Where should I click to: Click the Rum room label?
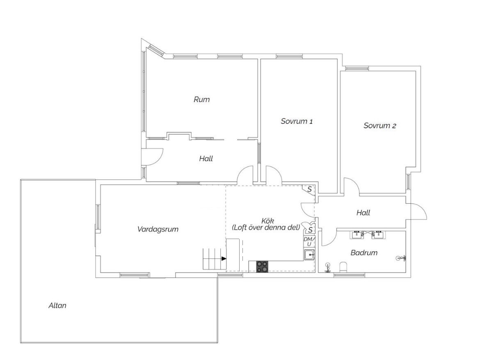pos(201,99)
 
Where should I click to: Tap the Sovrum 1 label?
pos(297,121)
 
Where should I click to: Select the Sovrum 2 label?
pos(379,125)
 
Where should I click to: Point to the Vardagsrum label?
pos(158,229)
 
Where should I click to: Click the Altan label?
pos(57,305)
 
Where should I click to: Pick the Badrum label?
pos(363,253)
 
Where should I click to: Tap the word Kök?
pos(267,221)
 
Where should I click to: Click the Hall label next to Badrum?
pos(363,212)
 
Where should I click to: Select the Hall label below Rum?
pos(206,158)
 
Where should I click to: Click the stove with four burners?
pos(262,267)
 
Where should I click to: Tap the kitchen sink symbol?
pos(309,255)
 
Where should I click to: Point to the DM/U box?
pos(309,242)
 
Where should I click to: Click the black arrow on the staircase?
pos(224,259)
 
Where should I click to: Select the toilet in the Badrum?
pos(343,267)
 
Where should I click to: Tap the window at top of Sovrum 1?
pos(289,56)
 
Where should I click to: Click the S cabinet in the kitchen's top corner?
pos(309,189)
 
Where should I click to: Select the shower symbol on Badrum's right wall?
pos(401,258)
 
